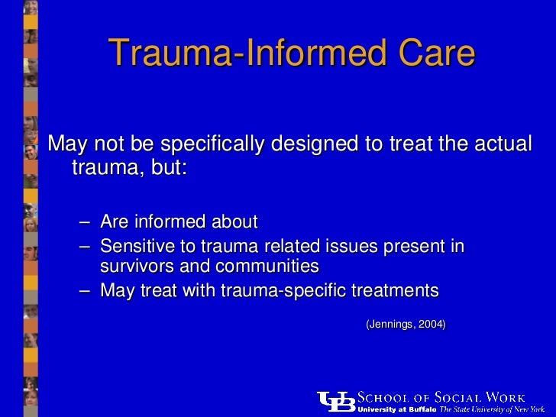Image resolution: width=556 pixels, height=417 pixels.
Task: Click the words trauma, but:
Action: [128, 166]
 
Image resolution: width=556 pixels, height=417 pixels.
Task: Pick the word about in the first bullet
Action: [234, 222]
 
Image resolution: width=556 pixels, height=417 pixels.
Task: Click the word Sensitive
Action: [135, 246]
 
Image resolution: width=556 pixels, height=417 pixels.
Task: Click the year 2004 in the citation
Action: [429, 324]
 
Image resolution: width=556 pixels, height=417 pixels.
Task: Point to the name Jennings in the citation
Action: [391, 324]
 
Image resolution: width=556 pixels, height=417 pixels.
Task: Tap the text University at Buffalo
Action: [396, 409]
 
